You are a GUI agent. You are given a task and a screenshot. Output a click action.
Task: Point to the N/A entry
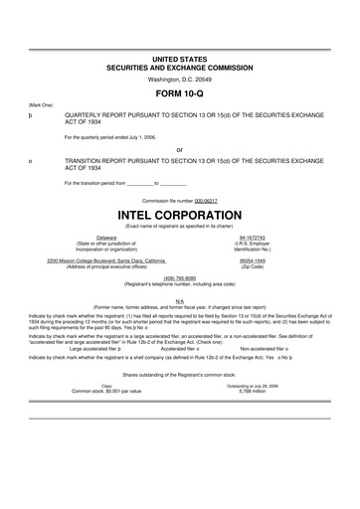pyautogui.click(x=179, y=299)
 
